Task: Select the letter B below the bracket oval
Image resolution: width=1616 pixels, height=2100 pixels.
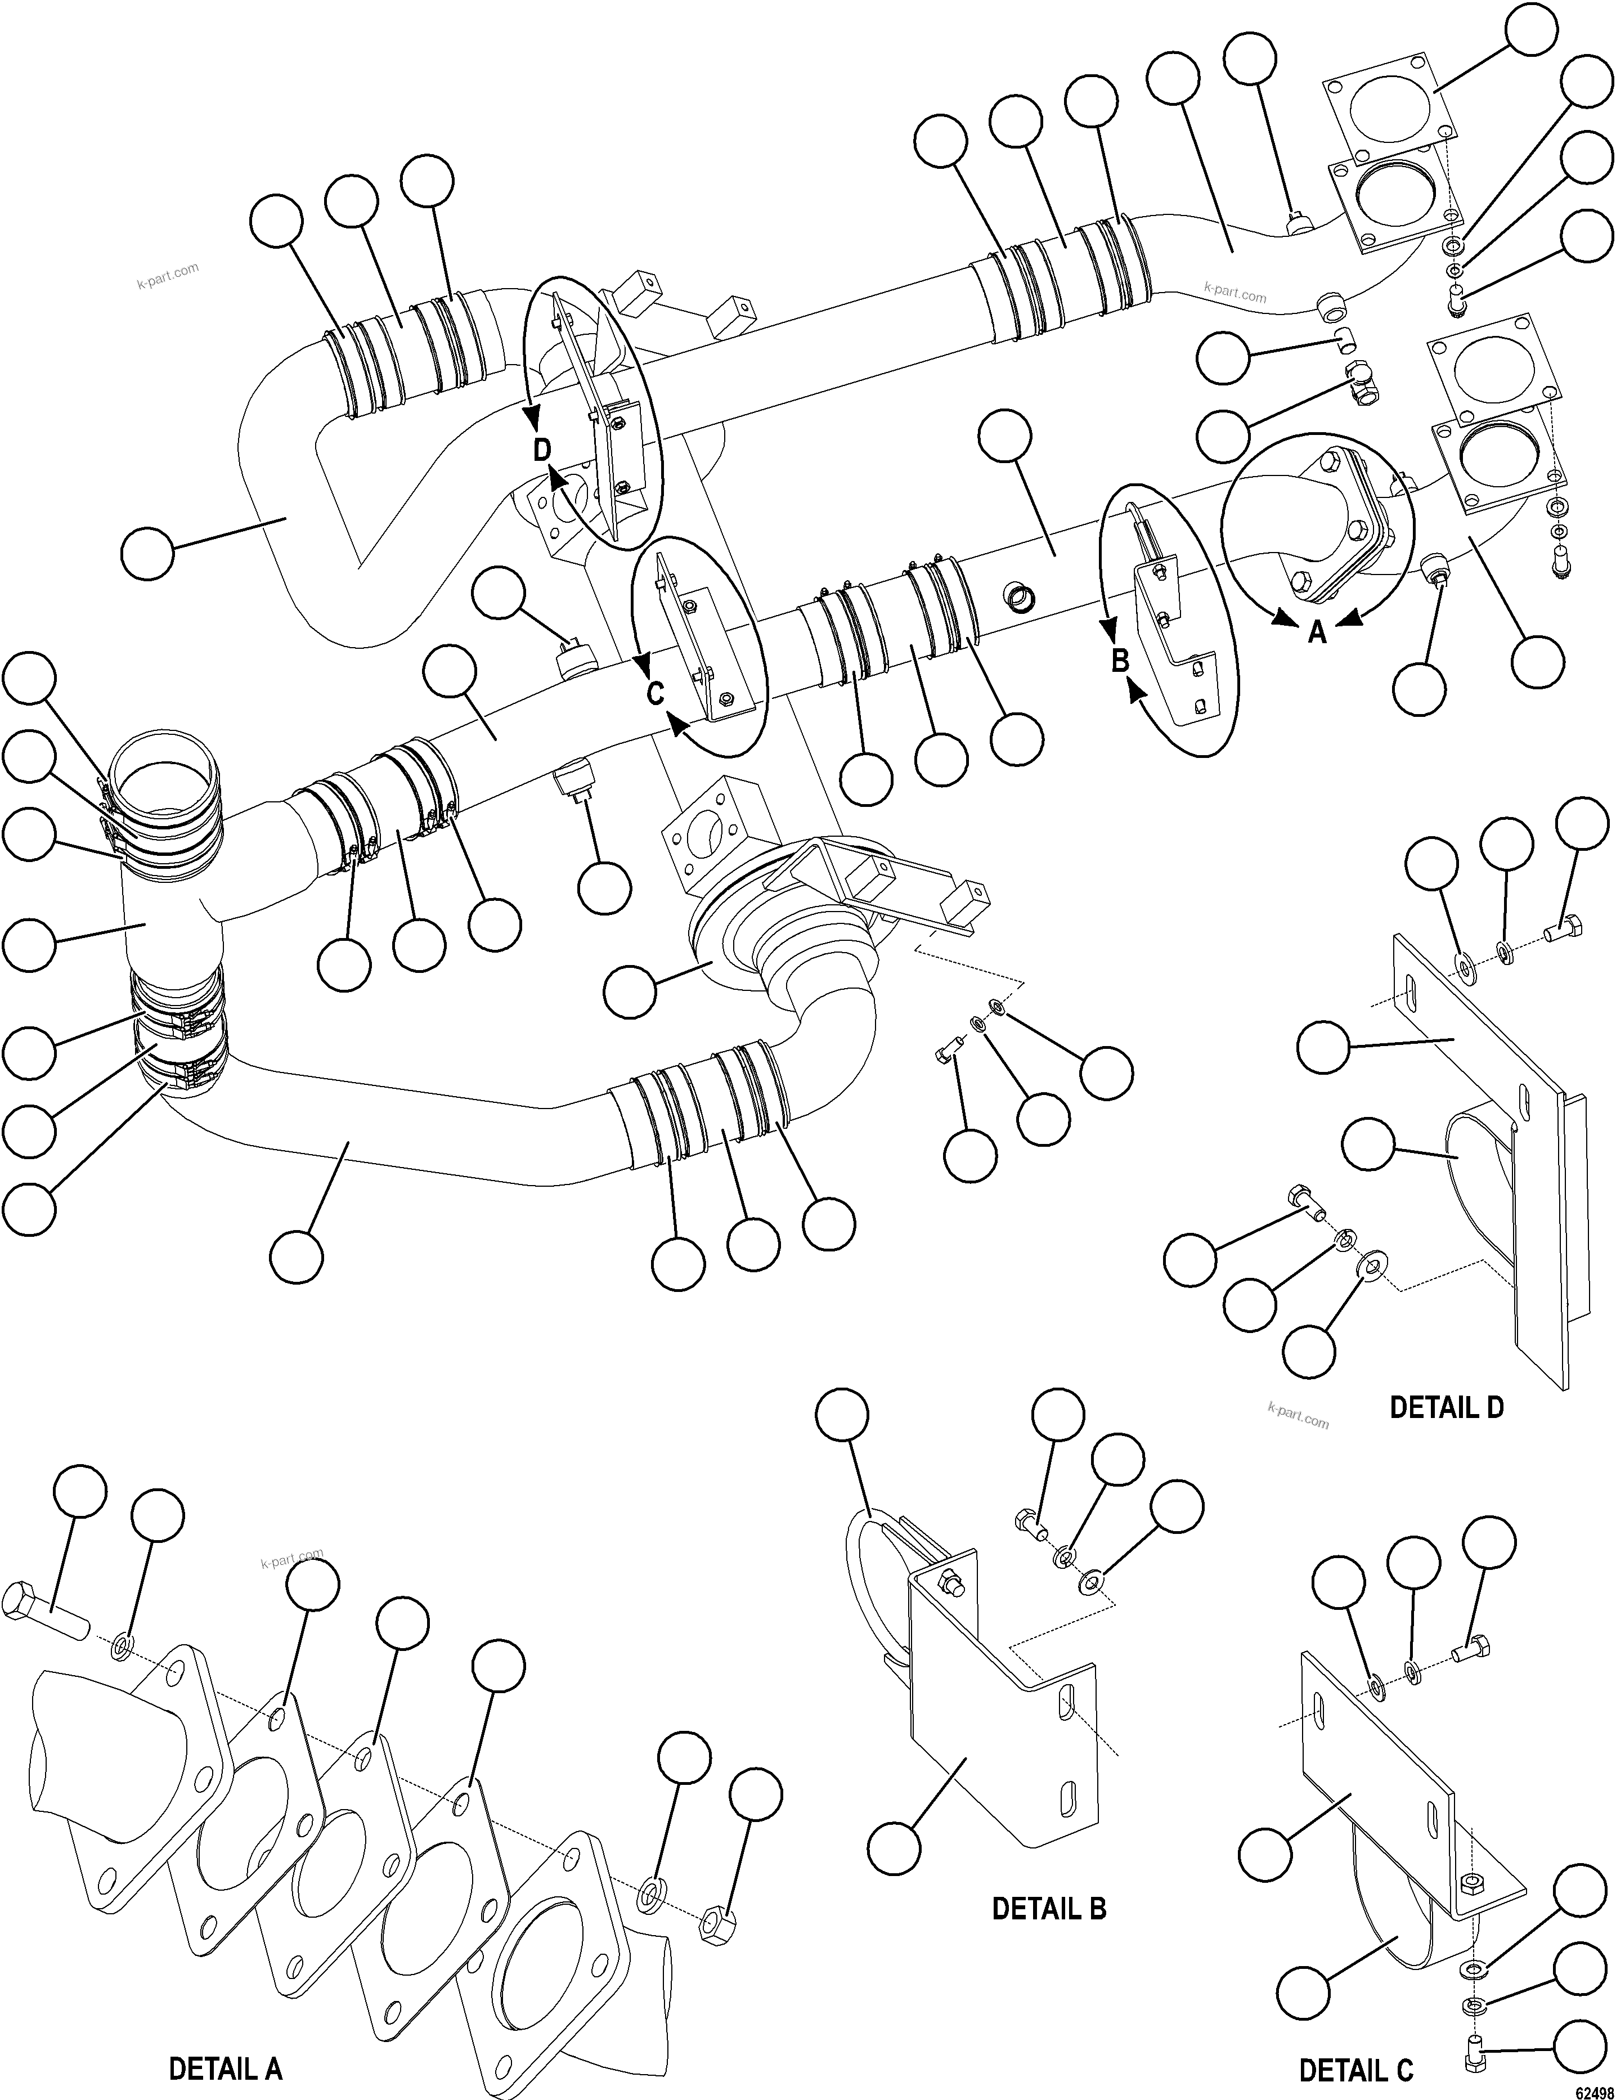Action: [x=1120, y=661]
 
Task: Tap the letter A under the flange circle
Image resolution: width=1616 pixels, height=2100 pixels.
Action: [x=1318, y=632]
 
